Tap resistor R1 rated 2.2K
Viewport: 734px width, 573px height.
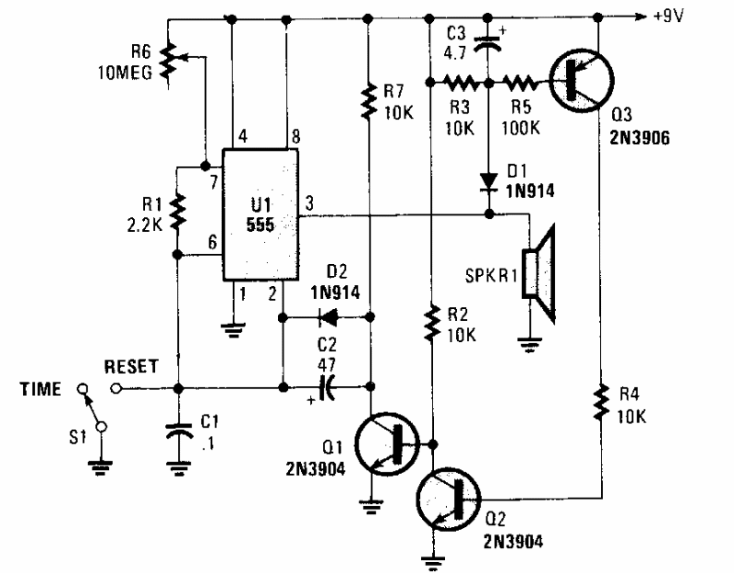pos(177,213)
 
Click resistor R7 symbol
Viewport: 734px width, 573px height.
pos(368,101)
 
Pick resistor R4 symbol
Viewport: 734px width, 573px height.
pos(600,403)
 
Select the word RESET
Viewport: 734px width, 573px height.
pos(132,366)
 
